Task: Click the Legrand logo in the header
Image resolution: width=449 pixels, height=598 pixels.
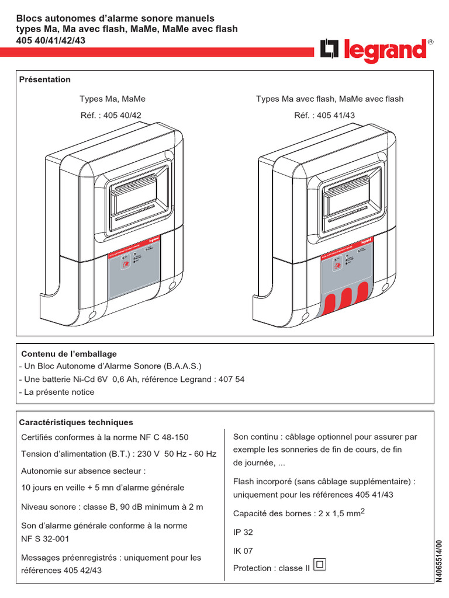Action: coord(375,51)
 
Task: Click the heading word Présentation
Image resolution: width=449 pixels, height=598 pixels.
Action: coord(45,79)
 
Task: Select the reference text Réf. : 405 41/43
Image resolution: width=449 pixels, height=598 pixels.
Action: coord(324,116)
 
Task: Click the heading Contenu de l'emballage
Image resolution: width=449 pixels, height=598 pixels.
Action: coord(69,354)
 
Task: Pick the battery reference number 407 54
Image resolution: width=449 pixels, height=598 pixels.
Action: coord(231,379)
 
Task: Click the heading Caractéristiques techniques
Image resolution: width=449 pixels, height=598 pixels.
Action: coord(76,422)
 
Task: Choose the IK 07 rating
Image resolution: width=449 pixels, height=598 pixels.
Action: coord(243,550)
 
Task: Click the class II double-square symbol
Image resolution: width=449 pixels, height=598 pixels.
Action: coord(320,565)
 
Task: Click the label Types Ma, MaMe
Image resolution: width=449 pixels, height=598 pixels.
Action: coord(112,99)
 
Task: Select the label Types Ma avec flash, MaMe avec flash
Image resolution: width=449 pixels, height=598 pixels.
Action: coord(330,99)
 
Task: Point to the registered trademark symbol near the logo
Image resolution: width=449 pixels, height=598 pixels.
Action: coord(431,42)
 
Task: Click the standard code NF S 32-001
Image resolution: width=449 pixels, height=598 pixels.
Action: coord(45,539)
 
